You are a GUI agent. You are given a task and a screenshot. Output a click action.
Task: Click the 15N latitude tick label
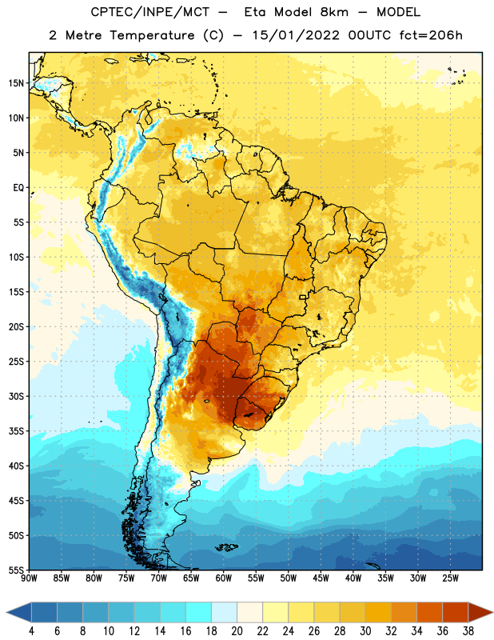click(16, 83)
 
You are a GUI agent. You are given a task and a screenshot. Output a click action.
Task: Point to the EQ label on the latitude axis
click(18, 188)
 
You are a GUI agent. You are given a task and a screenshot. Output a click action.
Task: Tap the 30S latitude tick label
click(16, 396)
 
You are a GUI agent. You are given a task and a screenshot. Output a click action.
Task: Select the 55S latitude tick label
click(16, 570)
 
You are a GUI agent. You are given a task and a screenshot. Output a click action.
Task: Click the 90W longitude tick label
click(29, 578)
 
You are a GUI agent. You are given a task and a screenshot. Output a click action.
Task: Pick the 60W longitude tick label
click(224, 578)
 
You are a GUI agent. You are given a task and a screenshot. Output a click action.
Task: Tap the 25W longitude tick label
click(450, 578)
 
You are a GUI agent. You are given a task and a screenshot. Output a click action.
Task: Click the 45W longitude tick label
click(321, 578)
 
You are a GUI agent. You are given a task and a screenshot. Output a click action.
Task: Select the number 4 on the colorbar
click(31, 631)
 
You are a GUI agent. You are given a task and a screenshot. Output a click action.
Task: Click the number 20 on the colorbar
click(237, 631)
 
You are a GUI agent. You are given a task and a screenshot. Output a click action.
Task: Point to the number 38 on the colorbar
click(468, 631)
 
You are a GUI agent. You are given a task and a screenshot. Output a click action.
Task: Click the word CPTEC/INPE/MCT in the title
click(149, 12)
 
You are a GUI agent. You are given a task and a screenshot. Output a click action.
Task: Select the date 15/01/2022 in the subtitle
click(295, 35)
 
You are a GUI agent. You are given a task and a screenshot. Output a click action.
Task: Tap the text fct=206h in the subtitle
click(431, 35)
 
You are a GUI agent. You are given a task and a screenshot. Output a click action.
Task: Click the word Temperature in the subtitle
click(152, 35)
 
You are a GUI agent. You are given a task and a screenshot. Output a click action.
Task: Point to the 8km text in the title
click(334, 12)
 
